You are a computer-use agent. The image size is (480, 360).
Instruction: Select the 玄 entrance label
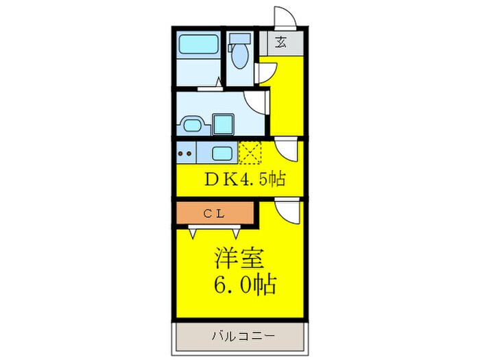tap(281, 43)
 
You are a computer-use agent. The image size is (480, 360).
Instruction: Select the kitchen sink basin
tap(221, 153)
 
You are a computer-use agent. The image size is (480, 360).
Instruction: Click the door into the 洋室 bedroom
tap(288, 210)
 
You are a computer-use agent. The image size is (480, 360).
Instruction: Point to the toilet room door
tap(266, 72)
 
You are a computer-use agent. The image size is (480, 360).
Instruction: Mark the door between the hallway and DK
tap(287, 147)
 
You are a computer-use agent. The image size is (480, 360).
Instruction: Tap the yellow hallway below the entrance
tap(287, 96)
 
